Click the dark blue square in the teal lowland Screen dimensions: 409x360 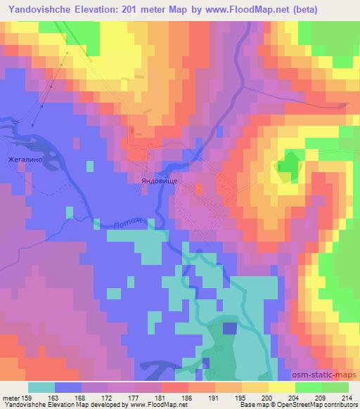229,327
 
